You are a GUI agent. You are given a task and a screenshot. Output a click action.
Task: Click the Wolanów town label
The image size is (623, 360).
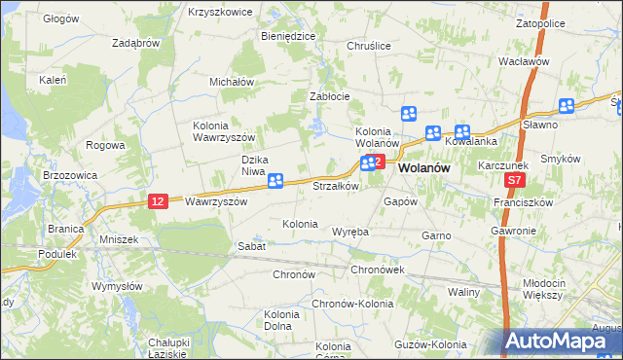tap(425, 166)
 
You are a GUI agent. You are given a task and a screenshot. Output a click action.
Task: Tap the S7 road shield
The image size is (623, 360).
tap(516, 181)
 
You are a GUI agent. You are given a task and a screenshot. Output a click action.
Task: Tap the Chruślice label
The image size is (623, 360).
tap(369, 46)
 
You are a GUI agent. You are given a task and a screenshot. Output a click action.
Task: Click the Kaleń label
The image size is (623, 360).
tap(52, 80)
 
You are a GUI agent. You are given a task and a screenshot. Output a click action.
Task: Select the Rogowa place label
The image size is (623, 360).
tap(105, 145)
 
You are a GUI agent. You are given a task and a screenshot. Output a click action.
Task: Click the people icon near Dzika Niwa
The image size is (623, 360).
tap(275, 180)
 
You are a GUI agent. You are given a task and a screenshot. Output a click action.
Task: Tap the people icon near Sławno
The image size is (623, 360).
tap(568, 106)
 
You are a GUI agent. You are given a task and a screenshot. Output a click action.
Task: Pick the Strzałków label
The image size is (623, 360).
tap(337, 185)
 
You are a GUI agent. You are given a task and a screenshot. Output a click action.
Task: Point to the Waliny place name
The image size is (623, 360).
tap(465, 292)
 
